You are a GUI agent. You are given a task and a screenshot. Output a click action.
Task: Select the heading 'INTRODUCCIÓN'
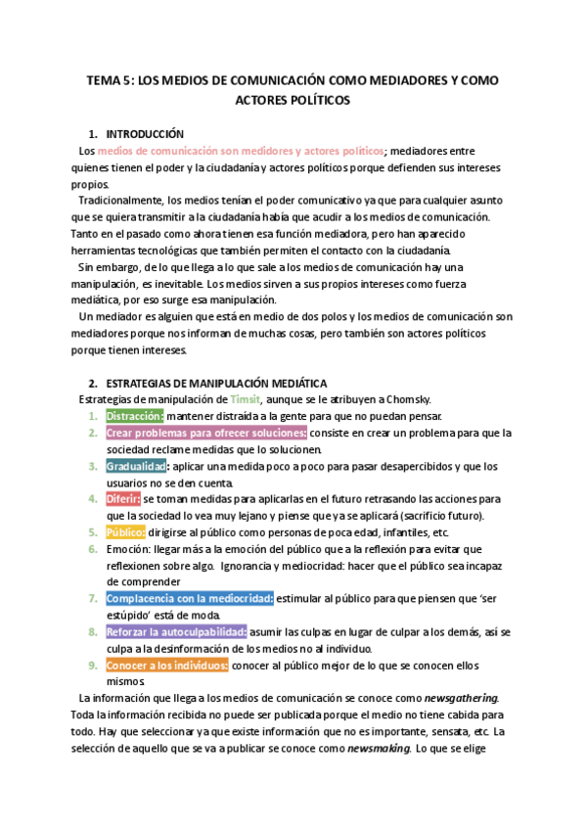pos(145,133)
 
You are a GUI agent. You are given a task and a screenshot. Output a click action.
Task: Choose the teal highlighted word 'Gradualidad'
pos(135,466)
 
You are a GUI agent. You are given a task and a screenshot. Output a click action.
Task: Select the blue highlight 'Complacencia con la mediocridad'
pos(190,598)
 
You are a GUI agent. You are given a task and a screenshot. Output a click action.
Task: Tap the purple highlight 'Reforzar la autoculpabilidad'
pos(176,631)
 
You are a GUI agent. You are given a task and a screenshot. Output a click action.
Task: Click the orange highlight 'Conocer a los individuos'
pos(167,665)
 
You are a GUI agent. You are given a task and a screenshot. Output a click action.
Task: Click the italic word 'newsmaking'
pos(378,748)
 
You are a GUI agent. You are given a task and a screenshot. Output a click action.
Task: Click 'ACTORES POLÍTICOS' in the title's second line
pos(293,100)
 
